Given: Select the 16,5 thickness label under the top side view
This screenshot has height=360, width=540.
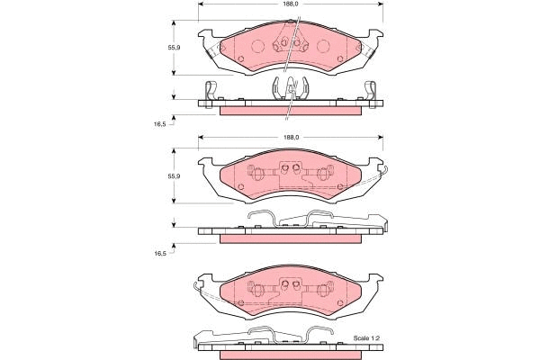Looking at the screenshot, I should [161, 123].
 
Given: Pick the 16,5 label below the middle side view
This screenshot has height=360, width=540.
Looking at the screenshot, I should [161, 254].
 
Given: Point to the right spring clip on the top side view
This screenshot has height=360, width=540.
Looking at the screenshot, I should [370, 91].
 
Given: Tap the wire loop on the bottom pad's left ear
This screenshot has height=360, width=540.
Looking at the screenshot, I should [199, 285].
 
